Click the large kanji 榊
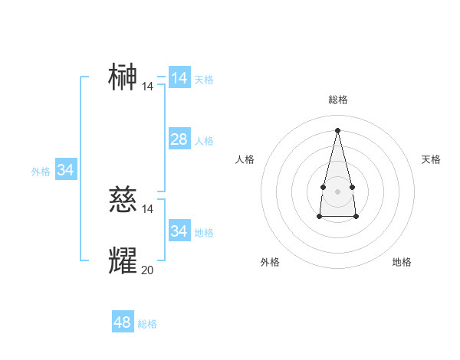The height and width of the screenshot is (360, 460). pyautogui.click(x=123, y=77)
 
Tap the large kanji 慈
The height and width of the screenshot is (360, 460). pyautogui.click(x=123, y=200)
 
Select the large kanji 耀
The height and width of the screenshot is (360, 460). pyautogui.click(x=123, y=260)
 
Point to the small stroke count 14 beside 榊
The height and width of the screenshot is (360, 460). pyautogui.click(x=147, y=87)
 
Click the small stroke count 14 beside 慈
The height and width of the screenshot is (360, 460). pyautogui.click(x=148, y=208)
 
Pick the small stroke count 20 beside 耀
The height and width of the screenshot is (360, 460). pyautogui.click(x=148, y=270)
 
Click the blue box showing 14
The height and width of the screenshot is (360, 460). pyautogui.click(x=179, y=78)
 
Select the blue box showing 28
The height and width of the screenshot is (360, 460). pyautogui.click(x=179, y=139)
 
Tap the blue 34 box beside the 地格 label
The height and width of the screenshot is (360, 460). pyautogui.click(x=179, y=231)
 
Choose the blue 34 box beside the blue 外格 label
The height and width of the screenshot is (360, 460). pyautogui.click(x=66, y=170)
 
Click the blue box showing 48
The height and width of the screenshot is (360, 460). pyautogui.click(x=123, y=322)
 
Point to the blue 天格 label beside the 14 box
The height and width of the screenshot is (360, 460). pyautogui.click(x=204, y=80)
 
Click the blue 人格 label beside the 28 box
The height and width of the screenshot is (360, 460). pyautogui.click(x=204, y=141)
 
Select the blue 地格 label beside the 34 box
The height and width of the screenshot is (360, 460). pyautogui.click(x=204, y=232)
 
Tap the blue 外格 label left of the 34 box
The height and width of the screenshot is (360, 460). pyautogui.click(x=41, y=172)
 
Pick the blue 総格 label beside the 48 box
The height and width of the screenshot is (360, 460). pyautogui.click(x=147, y=324)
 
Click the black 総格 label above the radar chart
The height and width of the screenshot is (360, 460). pyautogui.click(x=337, y=100)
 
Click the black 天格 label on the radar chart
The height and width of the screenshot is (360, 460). pyautogui.click(x=431, y=159)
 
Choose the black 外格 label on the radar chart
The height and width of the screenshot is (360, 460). pyautogui.click(x=270, y=262)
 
